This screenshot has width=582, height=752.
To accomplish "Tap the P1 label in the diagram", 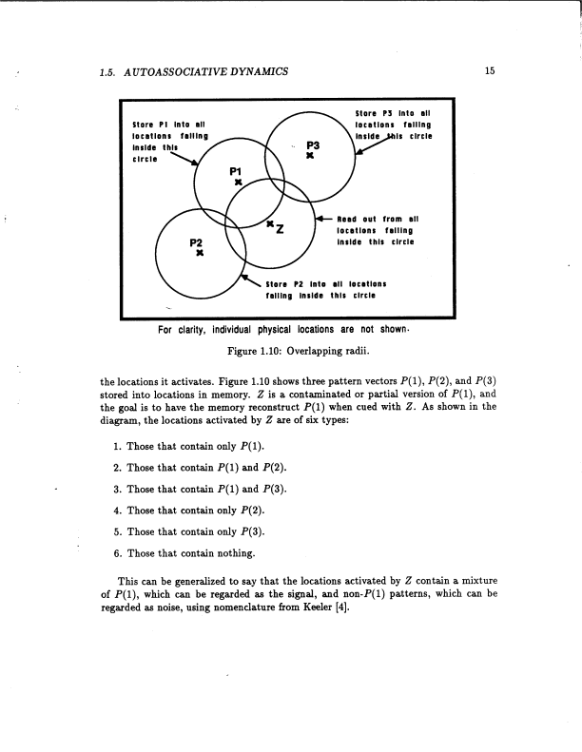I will click(238, 171).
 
